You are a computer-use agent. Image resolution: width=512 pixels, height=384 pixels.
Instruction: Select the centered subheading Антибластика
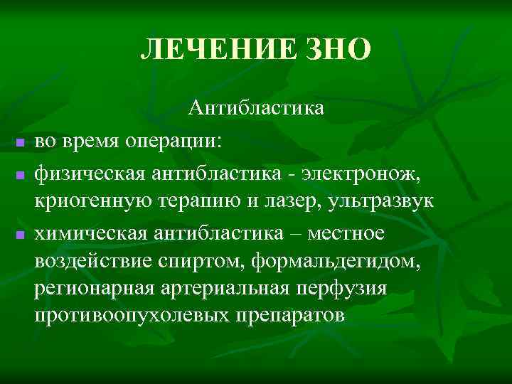256,108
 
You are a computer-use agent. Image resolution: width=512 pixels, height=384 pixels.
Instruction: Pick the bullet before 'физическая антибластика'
20,174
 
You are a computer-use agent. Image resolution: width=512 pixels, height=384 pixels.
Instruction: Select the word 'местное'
353,233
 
